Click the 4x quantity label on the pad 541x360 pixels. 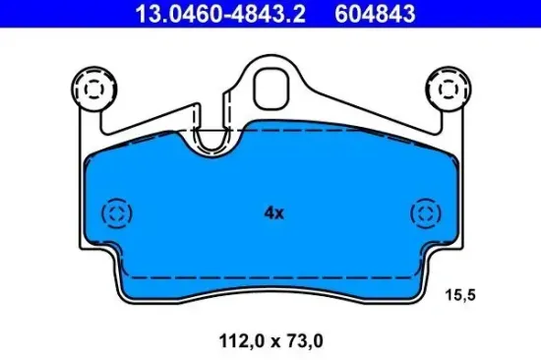(x=273, y=211)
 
